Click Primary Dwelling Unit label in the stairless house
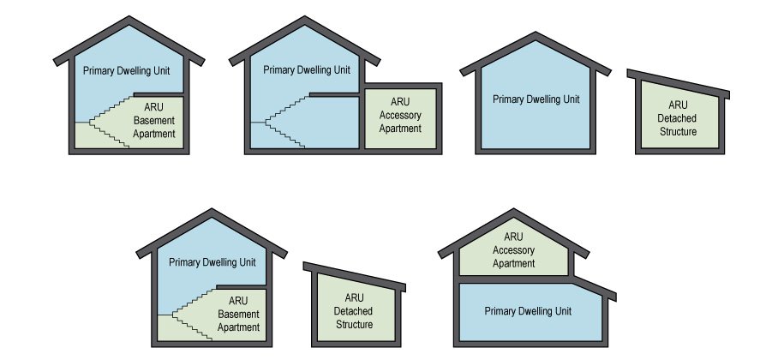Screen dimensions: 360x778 coord(536,99)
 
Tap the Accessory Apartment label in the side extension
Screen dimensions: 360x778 coord(399,116)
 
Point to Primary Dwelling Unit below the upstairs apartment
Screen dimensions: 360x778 coord(528,311)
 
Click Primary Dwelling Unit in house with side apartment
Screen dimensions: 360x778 coord(307,69)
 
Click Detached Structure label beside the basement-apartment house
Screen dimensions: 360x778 coord(353,311)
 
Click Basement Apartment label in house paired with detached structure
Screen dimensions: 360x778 coord(238,314)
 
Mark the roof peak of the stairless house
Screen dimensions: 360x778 coord(536,38)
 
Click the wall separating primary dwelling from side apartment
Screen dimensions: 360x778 coord(361,120)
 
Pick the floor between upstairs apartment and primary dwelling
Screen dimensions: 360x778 coord(514,279)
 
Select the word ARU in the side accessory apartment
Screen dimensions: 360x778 coord(399,102)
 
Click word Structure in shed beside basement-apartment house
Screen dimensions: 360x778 coord(353,325)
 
